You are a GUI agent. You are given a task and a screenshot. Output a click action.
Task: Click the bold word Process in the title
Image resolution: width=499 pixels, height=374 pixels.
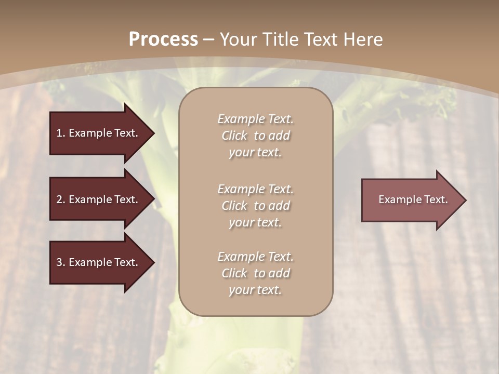pyautogui.click(x=163, y=39)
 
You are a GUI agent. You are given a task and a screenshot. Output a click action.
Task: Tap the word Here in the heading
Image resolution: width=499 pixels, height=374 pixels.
pyautogui.click(x=363, y=39)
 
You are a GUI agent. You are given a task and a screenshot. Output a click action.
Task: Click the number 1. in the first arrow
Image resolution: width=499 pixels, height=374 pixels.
pyautogui.click(x=60, y=133)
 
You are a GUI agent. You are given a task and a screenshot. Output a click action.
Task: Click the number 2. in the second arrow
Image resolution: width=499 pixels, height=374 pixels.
pyautogui.click(x=60, y=199)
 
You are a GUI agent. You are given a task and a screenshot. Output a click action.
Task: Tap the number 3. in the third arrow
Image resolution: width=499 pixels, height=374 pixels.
pyautogui.click(x=60, y=262)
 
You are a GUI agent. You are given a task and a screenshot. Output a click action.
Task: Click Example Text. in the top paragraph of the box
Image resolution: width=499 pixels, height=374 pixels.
pyautogui.click(x=255, y=119)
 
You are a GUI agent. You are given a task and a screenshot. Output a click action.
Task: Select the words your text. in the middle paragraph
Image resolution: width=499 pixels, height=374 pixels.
pyautogui.click(x=255, y=222)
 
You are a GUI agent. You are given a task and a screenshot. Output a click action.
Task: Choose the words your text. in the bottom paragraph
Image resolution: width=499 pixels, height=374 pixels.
pyautogui.click(x=255, y=290)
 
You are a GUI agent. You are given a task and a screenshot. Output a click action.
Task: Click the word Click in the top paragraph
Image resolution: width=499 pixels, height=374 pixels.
pyautogui.click(x=234, y=136)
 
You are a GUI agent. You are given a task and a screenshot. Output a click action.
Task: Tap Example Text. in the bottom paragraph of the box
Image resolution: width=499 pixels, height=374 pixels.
pyautogui.click(x=255, y=257)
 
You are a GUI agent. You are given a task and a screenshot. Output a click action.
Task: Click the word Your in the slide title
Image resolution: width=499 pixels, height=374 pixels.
pyautogui.click(x=238, y=39)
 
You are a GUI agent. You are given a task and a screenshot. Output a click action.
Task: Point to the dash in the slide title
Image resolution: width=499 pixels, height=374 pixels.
pyautogui.click(x=208, y=40)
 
